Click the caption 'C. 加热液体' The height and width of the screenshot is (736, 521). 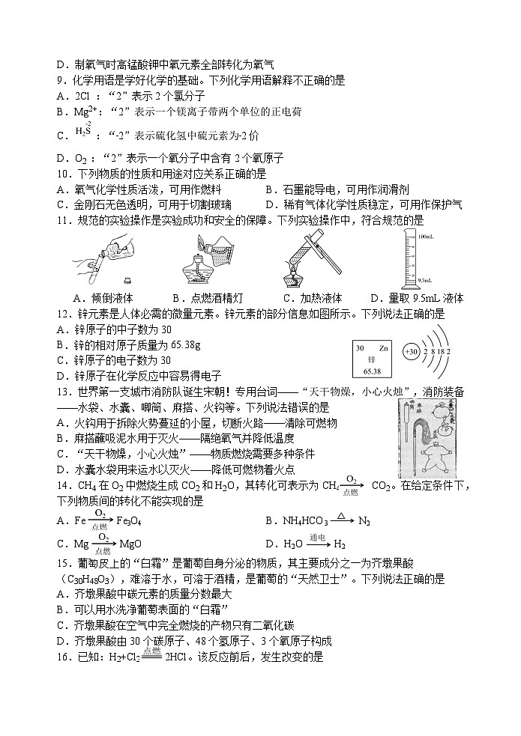tap(310, 298)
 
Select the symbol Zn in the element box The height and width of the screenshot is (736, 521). tap(383, 348)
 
